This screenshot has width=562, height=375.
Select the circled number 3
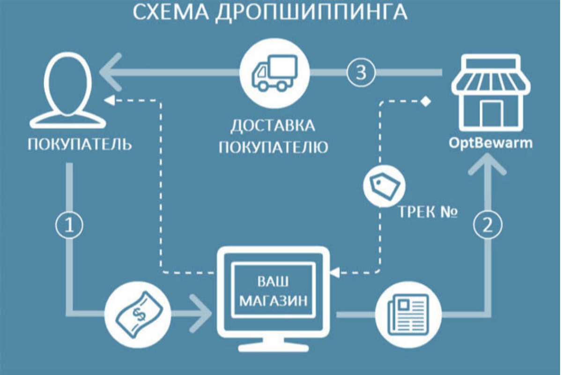tap(361, 73)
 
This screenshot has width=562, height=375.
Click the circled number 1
tap(69, 226)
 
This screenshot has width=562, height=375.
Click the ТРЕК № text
tap(428, 212)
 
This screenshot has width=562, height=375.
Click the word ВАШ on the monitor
tap(274, 281)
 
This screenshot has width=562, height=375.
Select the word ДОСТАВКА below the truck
tap(274, 126)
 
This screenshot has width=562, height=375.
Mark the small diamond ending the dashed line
tap(425, 101)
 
